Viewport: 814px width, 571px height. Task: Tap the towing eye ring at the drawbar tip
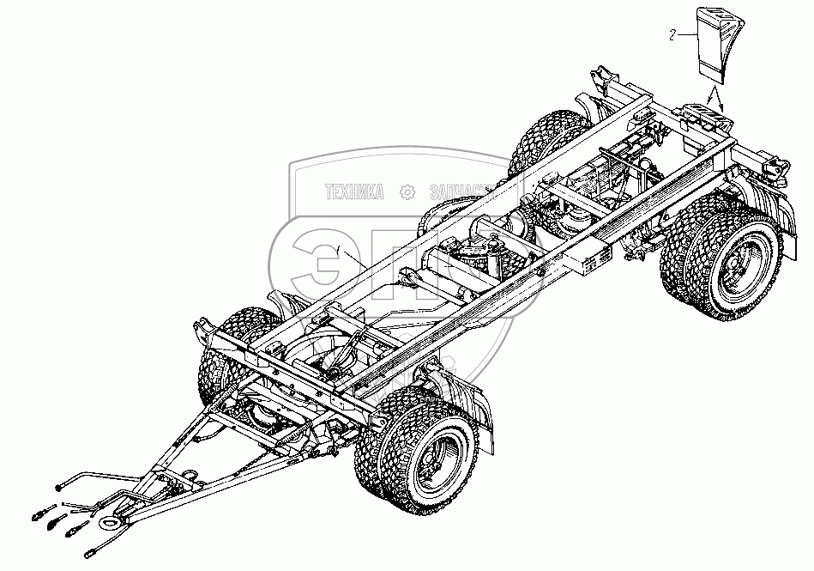click(x=109, y=522)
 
